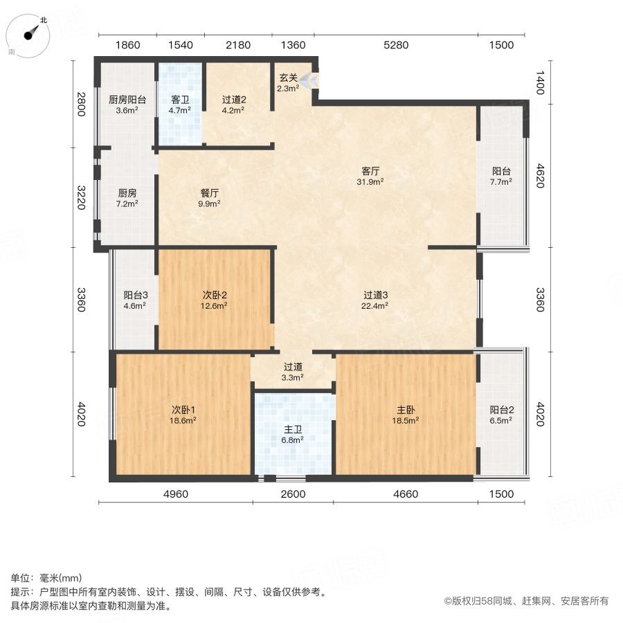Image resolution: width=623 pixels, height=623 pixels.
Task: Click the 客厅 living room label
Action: click(x=371, y=170)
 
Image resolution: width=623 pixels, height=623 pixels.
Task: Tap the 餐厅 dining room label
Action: click(x=209, y=193)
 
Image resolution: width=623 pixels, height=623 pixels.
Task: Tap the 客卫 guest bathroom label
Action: click(x=180, y=99)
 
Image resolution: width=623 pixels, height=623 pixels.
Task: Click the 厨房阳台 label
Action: click(x=127, y=99)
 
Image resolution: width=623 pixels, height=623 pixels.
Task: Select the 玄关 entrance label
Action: click(x=288, y=77)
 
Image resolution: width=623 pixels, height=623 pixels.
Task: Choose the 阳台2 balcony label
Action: click(x=500, y=409)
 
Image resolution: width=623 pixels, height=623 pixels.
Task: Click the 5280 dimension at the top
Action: click(x=397, y=46)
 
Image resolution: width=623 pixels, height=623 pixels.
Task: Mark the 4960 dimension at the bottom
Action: click(x=174, y=494)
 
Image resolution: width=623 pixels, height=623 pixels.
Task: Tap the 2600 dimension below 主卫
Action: click(x=294, y=494)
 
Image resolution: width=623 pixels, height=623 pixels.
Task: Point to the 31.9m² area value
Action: click(x=371, y=182)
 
